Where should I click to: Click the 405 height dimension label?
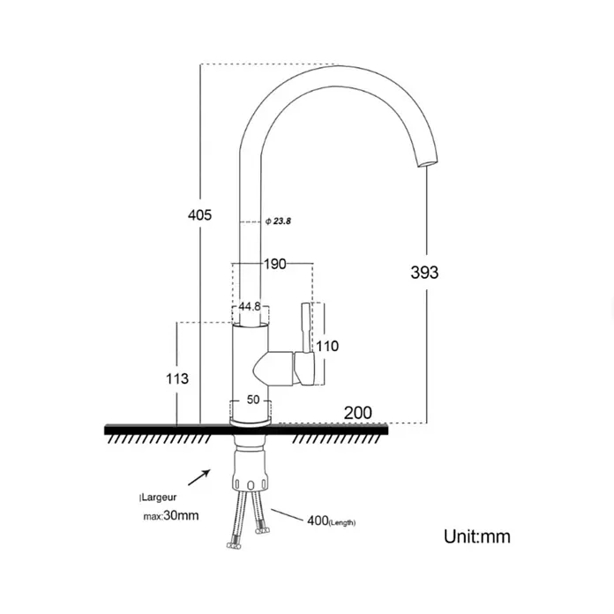point(199,215)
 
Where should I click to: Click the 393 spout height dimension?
point(424,272)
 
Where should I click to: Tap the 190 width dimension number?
point(274,264)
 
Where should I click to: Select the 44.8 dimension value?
point(250,306)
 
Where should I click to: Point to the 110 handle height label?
point(327,346)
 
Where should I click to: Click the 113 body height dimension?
point(177,378)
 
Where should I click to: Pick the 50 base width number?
point(253,400)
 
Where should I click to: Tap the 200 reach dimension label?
point(358,413)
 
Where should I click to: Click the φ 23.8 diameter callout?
point(278,221)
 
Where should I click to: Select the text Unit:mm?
point(477,536)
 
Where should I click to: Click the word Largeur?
point(159,498)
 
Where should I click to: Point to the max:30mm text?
point(171,515)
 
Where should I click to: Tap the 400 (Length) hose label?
point(332,521)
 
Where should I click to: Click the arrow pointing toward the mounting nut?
point(199,477)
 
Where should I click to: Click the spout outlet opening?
point(427,163)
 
